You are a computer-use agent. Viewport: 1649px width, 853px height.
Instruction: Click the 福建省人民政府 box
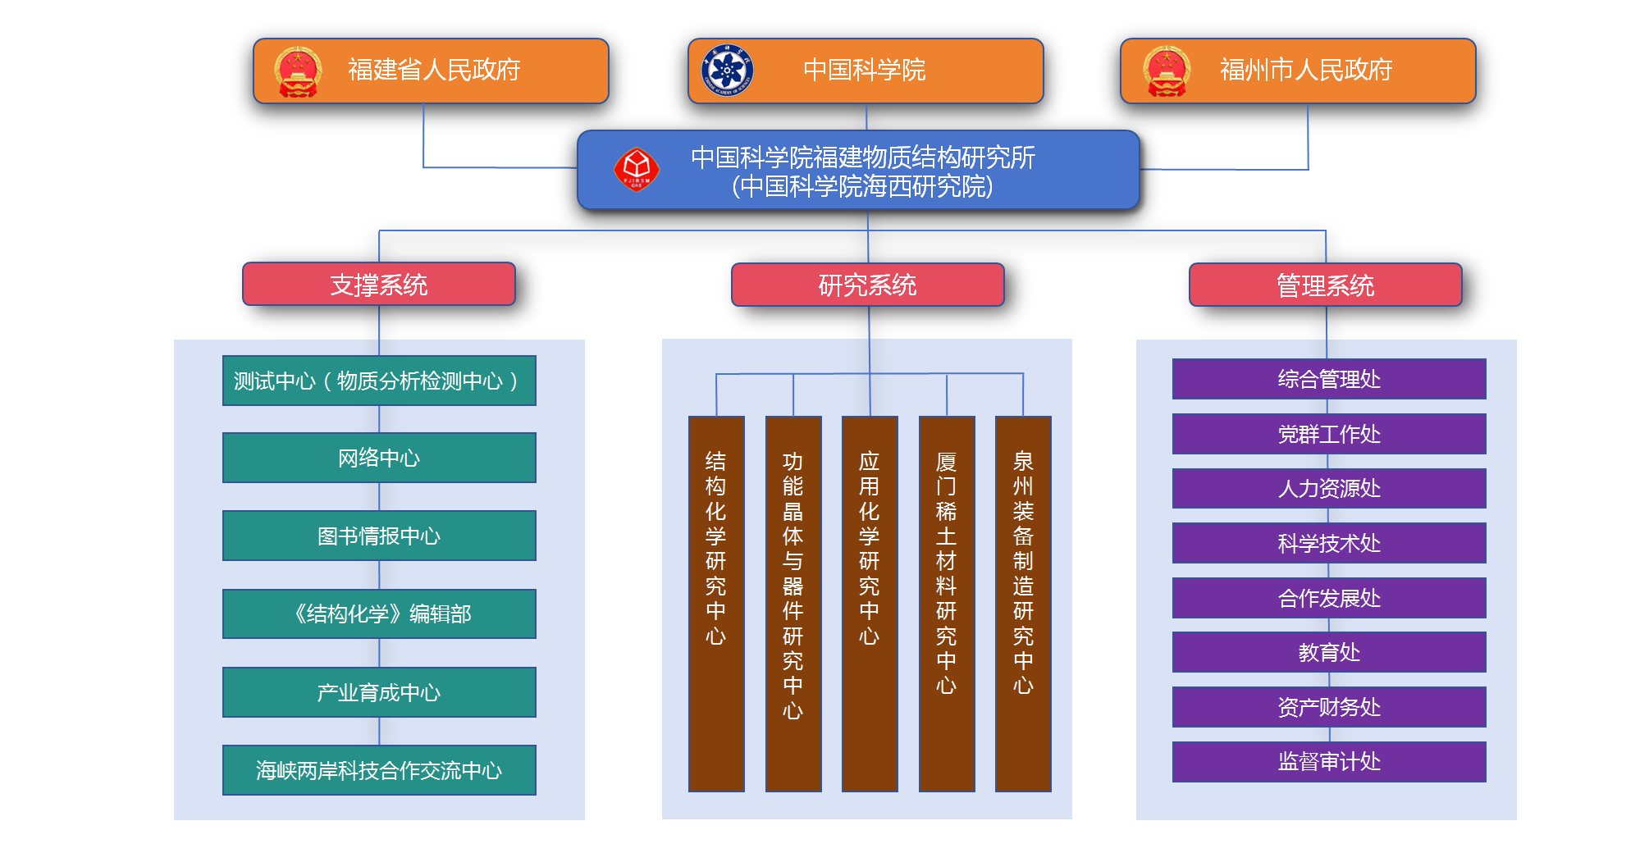[x=431, y=71]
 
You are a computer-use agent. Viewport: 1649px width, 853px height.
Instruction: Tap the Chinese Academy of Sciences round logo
[x=727, y=70]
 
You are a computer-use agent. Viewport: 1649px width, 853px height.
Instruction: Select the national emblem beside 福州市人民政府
[x=1167, y=71]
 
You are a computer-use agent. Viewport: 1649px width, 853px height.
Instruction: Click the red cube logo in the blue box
[x=637, y=169]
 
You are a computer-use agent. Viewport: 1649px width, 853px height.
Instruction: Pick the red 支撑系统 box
[x=379, y=285]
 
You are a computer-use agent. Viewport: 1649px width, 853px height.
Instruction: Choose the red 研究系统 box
[x=867, y=285]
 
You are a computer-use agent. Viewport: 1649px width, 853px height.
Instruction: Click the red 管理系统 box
[x=1325, y=285]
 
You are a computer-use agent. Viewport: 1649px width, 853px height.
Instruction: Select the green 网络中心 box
[x=379, y=458]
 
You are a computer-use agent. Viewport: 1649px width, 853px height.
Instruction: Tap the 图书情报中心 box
[x=379, y=536]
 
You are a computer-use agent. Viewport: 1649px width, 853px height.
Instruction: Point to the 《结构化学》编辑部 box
[x=379, y=614]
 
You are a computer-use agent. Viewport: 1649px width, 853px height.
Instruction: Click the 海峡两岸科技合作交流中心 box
[x=379, y=770]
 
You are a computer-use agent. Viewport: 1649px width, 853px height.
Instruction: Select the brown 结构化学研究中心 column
[x=716, y=603]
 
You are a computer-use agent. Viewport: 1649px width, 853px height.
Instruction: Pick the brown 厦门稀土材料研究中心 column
[x=947, y=603]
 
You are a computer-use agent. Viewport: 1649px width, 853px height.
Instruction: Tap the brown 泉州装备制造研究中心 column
[x=1023, y=603]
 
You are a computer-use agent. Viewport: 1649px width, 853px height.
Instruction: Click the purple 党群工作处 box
[x=1329, y=434]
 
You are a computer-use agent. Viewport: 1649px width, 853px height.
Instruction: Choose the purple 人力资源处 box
[x=1329, y=488]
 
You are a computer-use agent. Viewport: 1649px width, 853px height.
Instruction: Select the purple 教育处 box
[x=1329, y=652]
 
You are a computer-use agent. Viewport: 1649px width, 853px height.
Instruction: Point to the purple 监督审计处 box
[x=1329, y=761]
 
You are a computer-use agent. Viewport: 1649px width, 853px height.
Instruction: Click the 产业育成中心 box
[x=379, y=692]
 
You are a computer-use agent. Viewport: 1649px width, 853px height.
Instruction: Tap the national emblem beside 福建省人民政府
[x=298, y=71]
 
